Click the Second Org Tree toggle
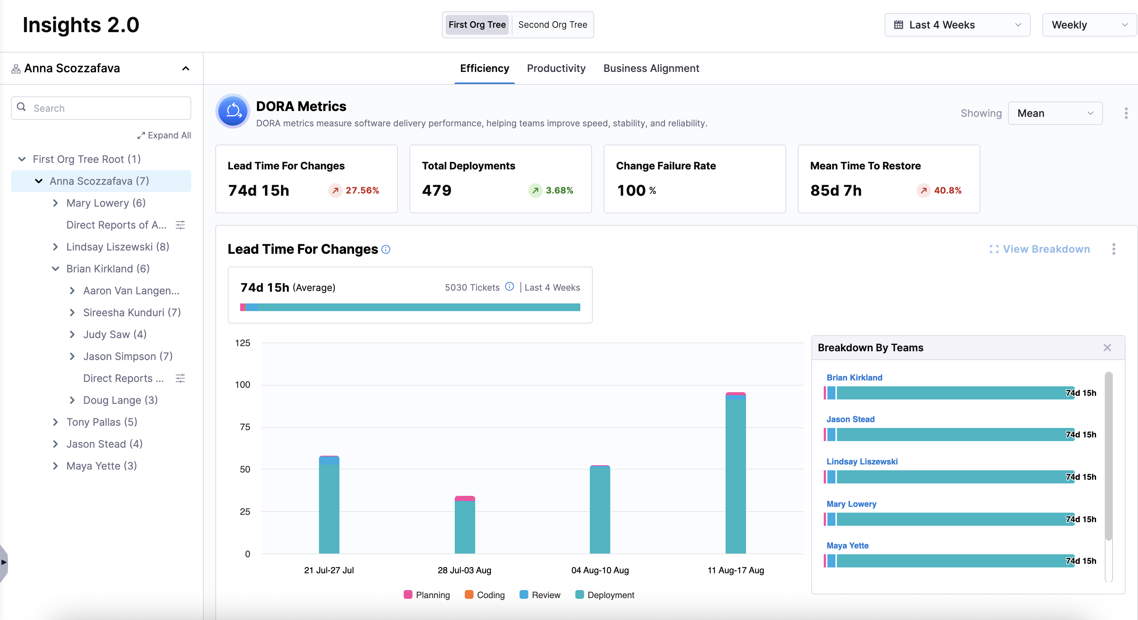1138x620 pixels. (x=552, y=25)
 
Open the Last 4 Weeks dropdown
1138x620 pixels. (x=957, y=25)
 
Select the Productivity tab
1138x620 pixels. (x=556, y=69)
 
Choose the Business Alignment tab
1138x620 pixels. (x=651, y=69)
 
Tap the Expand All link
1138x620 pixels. (x=164, y=135)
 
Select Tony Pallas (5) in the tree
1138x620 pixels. (x=101, y=422)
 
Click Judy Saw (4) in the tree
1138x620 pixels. (x=114, y=334)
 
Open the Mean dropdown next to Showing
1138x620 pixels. (x=1055, y=114)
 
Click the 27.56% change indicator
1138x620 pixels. (x=354, y=191)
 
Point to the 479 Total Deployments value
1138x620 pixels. (x=437, y=191)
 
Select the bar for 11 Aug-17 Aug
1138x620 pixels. (x=735, y=473)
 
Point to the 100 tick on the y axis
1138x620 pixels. (x=243, y=385)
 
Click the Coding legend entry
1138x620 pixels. (x=485, y=595)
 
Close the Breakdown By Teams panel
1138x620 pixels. (x=1107, y=348)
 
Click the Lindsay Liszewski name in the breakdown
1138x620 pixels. (x=862, y=462)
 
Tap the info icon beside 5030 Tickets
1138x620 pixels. (x=510, y=287)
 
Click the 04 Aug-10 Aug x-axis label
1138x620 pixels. (x=600, y=570)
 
